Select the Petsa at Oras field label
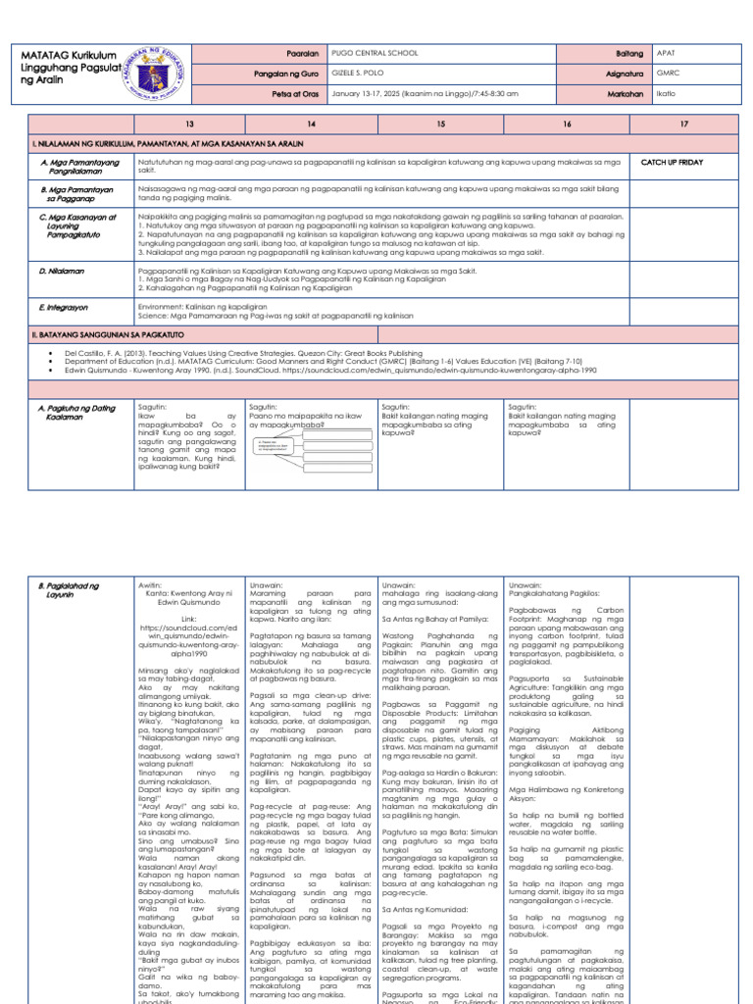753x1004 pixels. point(292,94)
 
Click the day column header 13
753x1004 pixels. point(187,125)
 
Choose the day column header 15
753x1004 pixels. point(440,125)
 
